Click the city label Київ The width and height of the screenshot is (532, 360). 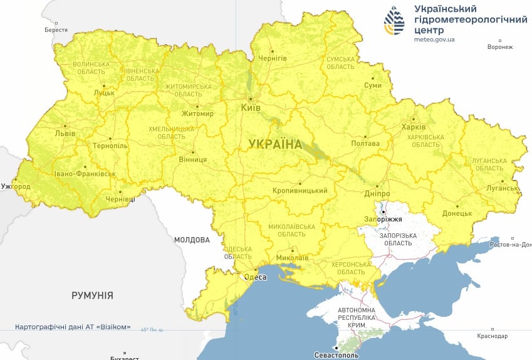click(x=251, y=108)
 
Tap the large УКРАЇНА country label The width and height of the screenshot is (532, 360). click(x=274, y=144)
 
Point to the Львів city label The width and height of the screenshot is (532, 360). click(x=65, y=134)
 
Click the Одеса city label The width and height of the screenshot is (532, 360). click(x=251, y=277)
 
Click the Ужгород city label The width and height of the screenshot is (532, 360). click(x=15, y=187)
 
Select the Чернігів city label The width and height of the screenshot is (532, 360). click(x=273, y=58)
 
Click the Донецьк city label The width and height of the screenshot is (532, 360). click(x=458, y=213)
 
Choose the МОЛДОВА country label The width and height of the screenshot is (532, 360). click(x=192, y=240)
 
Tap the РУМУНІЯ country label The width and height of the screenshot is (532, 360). click(x=92, y=295)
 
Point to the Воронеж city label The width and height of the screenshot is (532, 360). click(x=500, y=47)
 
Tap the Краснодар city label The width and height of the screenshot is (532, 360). click(x=492, y=336)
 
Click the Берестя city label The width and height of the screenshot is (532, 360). click(x=56, y=29)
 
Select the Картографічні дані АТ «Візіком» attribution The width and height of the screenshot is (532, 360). click(x=73, y=327)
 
